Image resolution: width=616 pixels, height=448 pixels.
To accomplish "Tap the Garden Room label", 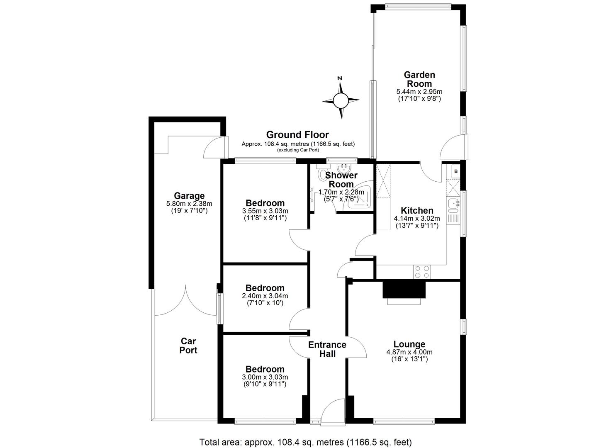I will point(419,79).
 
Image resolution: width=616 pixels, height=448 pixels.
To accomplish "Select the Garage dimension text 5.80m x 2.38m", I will point(189,204).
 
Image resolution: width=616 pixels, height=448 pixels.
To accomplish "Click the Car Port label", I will point(188,346).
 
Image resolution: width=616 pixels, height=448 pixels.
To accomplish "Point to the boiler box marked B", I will point(455,171).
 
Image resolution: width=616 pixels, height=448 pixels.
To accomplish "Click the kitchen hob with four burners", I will point(422,272).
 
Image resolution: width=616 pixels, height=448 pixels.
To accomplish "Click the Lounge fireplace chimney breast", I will point(404,290).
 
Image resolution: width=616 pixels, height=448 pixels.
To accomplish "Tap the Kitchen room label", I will point(417,211).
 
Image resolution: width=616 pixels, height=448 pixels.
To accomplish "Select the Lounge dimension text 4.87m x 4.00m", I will point(409,352).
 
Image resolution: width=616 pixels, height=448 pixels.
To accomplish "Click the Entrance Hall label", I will point(327,349).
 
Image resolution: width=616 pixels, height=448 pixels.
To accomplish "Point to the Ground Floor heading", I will point(297,135).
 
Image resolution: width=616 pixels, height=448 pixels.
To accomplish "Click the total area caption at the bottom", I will point(305,442).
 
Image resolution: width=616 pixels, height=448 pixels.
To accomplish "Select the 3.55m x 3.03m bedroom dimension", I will point(265,211).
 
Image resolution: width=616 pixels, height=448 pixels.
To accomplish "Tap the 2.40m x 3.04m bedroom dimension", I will point(265,296).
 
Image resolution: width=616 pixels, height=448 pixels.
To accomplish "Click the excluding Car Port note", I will point(298,150).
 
